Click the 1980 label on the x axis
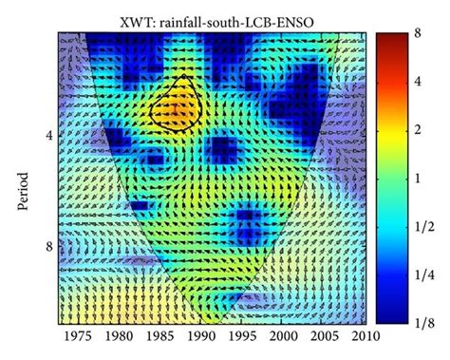[x=118, y=336]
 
